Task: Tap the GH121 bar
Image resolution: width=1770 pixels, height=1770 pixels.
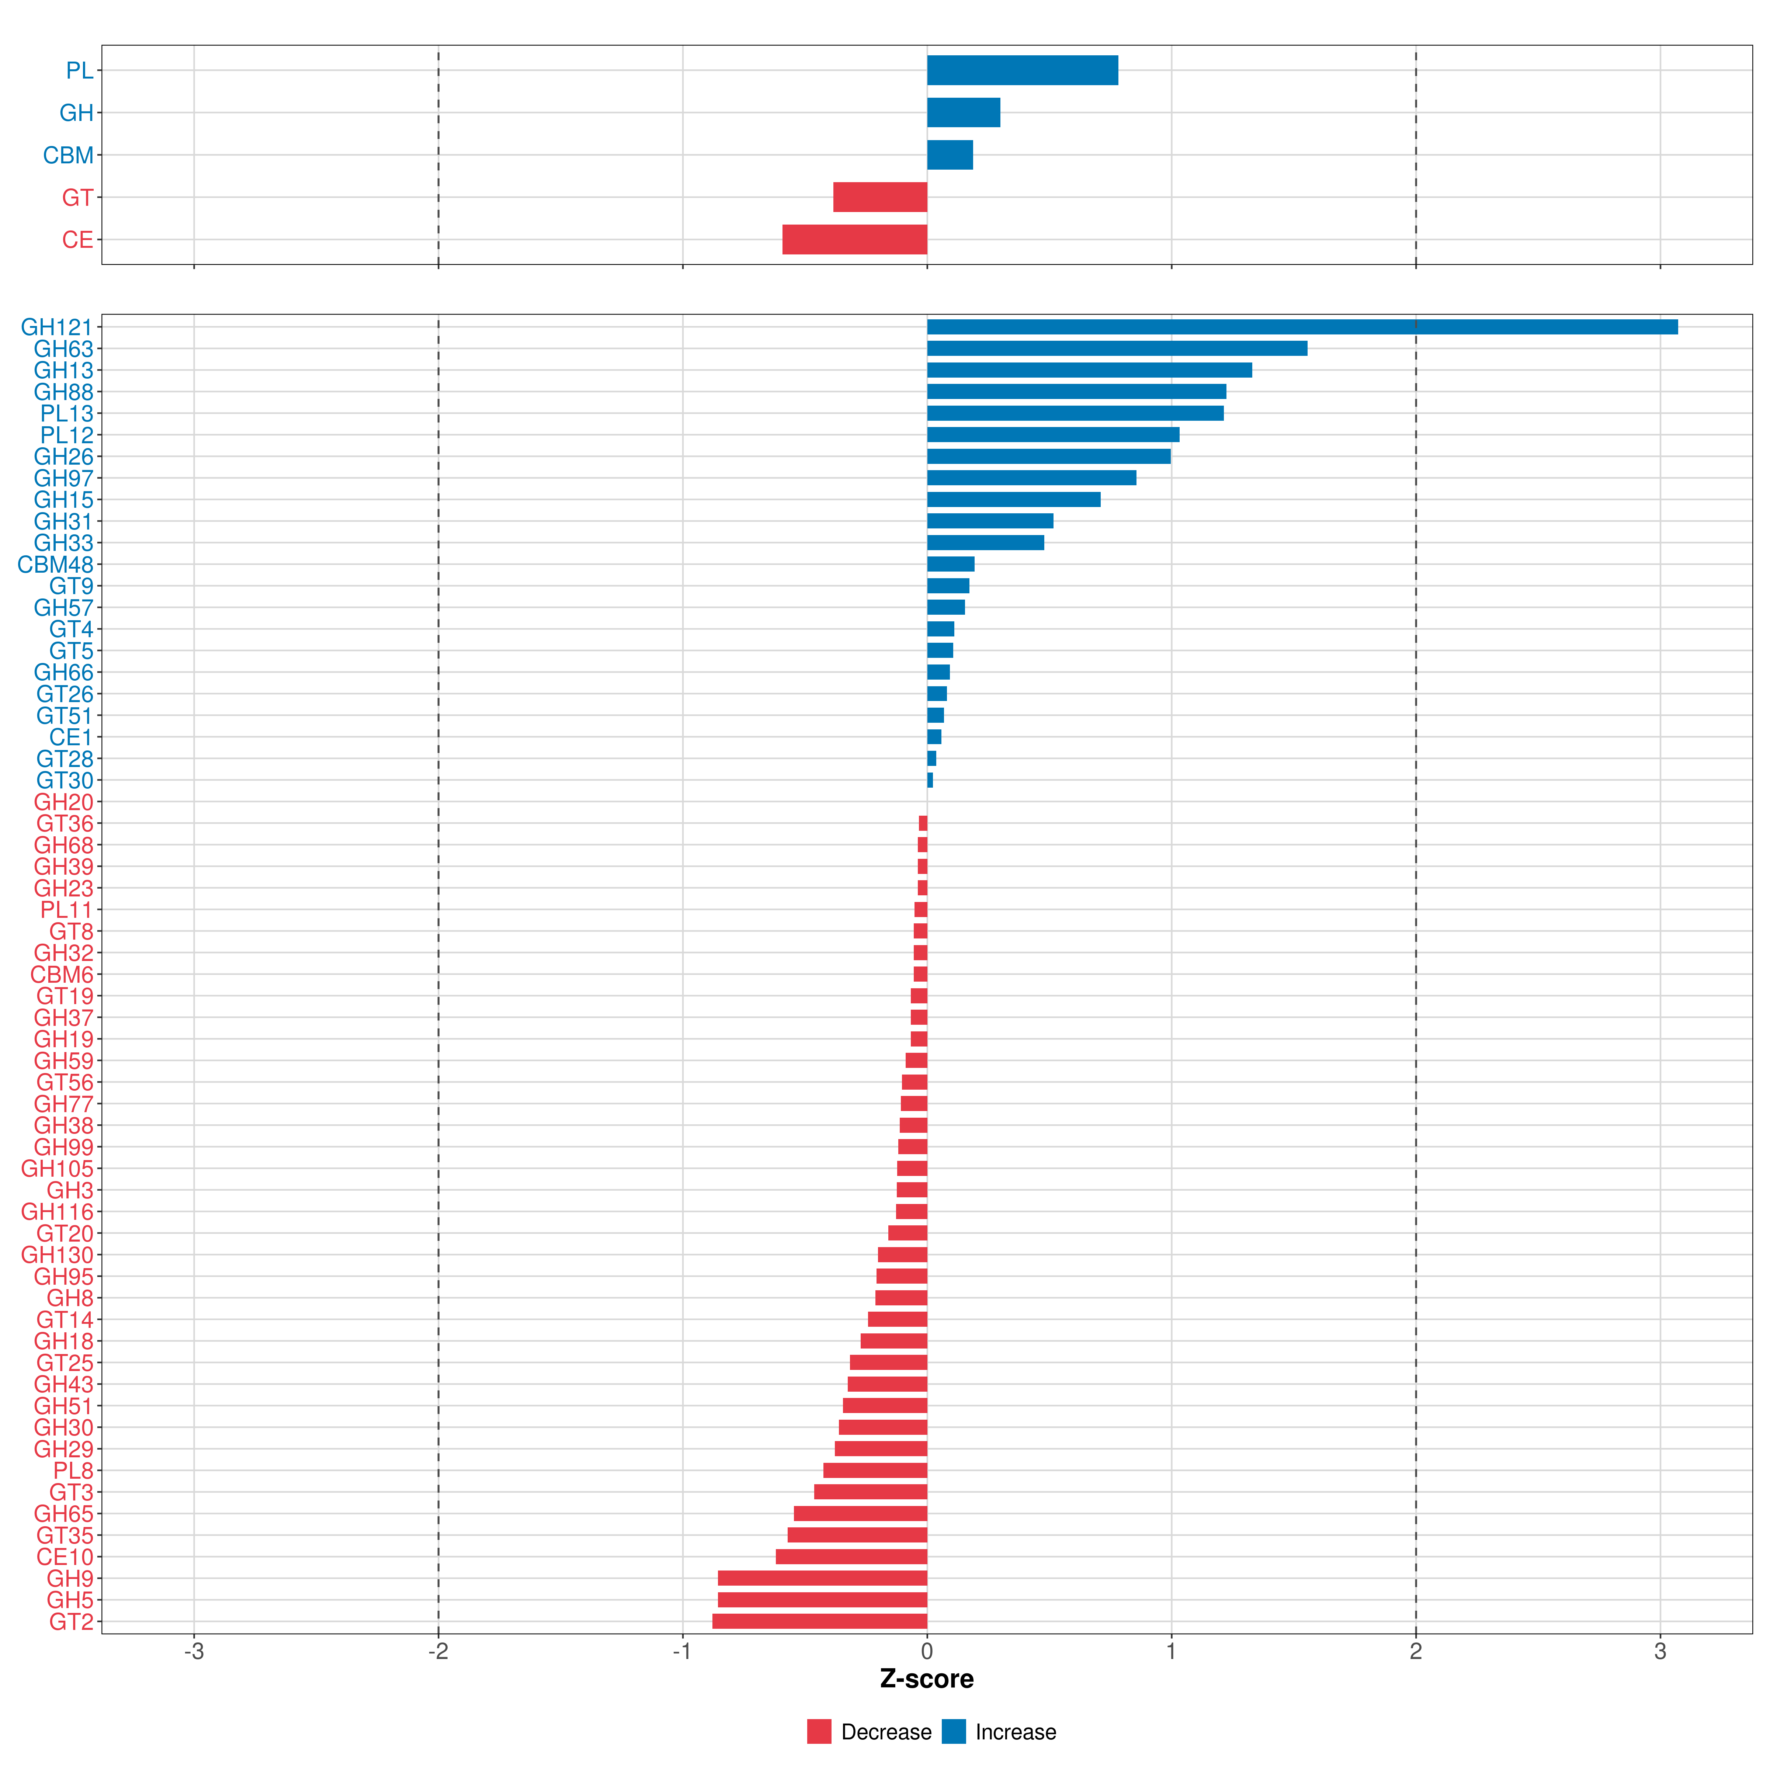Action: (1301, 327)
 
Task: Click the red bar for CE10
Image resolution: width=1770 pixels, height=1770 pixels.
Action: (851, 1556)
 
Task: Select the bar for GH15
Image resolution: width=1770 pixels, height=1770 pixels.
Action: (1013, 499)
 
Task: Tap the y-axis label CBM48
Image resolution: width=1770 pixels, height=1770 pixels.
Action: (55, 564)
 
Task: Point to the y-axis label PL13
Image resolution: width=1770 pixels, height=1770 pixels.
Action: (67, 413)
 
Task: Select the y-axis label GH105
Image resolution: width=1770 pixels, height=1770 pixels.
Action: (57, 1168)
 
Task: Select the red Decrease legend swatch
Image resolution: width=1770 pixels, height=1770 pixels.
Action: (819, 1732)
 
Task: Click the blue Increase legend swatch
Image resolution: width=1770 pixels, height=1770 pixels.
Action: (954, 1732)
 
